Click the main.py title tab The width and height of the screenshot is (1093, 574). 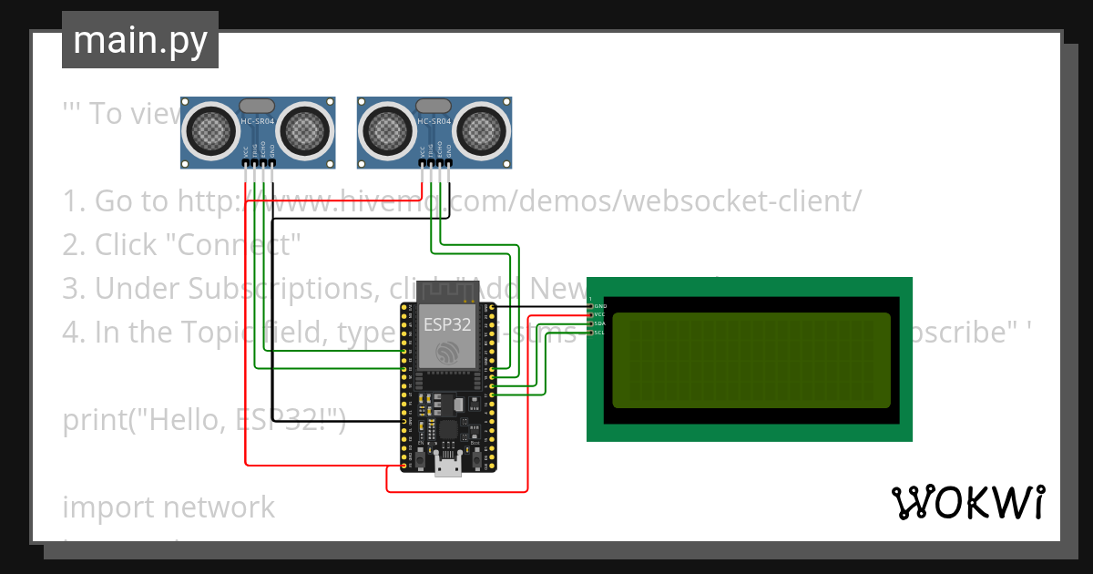pos(139,40)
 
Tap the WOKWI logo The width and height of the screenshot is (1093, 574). pos(967,502)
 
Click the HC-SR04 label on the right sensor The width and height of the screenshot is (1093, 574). pos(434,121)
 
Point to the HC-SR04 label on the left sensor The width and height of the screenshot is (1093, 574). pos(256,121)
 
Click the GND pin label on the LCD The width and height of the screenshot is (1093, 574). pos(599,306)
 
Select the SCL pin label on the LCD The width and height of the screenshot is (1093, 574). pos(599,333)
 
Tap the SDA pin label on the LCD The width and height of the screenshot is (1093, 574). pos(599,323)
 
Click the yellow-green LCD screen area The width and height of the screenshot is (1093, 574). pos(751,359)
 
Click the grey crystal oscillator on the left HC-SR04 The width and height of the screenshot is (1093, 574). pos(256,107)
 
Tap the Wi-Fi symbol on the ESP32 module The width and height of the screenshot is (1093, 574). pos(446,352)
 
